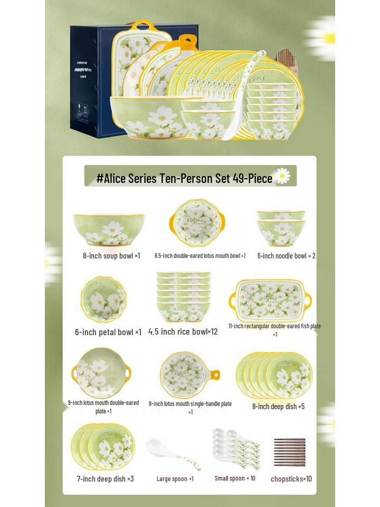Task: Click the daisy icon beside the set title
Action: pos(283,176)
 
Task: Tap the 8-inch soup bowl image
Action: pos(109,229)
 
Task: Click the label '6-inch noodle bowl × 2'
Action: pos(286,256)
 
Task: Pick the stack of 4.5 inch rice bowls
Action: pos(183,296)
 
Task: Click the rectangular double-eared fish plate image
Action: pos(270,300)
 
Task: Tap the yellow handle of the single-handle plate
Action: pos(214,375)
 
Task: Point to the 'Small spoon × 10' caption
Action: pos(235,478)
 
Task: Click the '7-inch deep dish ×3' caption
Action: pos(106,479)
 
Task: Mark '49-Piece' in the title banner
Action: pos(252,179)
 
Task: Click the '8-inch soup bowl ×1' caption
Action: pos(111,256)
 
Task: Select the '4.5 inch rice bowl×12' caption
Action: pos(183,332)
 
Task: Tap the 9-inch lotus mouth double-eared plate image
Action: pos(101,372)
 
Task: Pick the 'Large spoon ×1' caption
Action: pos(175,479)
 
